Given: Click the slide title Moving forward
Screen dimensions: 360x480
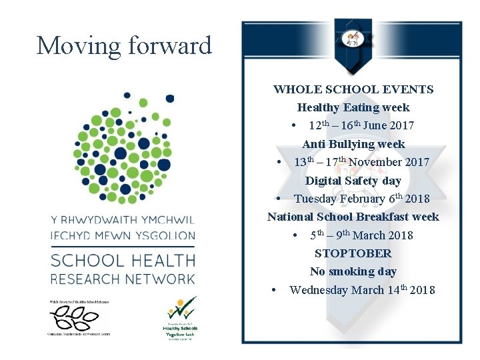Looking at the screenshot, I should click(x=124, y=46).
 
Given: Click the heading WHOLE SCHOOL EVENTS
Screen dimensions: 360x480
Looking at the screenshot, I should click(x=353, y=89).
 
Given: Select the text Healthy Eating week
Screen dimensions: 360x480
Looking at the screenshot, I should click(x=353, y=107).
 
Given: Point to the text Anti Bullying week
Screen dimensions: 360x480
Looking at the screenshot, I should click(x=353, y=144).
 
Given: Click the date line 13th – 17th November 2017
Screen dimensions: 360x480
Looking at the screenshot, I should click(x=361, y=162).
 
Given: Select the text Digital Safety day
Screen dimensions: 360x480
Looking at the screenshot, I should click(x=353, y=181).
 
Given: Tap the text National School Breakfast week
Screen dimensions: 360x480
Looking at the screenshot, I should click(x=353, y=217).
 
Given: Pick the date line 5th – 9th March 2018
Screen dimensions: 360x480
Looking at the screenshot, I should click(x=361, y=235).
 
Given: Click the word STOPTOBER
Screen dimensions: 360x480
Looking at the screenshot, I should click(x=353, y=253).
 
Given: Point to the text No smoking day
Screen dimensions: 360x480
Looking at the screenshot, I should click(x=353, y=271).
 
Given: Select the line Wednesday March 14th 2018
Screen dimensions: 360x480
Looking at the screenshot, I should click(x=362, y=290).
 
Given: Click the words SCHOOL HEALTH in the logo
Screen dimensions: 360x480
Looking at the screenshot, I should click(x=123, y=261).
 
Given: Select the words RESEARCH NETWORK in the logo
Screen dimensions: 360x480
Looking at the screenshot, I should click(x=123, y=279).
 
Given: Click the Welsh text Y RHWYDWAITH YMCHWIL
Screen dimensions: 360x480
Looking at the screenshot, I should click(x=123, y=219).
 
